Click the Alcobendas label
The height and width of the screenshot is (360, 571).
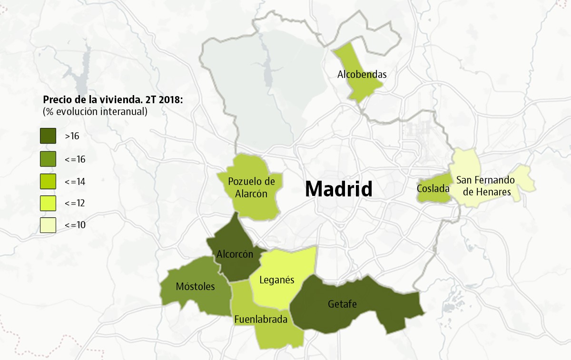[x=362, y=74]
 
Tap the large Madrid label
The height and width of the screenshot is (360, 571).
[x=338, y=189]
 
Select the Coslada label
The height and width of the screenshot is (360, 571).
[x=433, y=189]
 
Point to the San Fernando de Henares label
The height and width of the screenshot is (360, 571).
[x=485, y=186]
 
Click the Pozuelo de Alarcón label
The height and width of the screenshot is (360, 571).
[x=251, y=187]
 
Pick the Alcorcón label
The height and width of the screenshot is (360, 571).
[x=235, y=254]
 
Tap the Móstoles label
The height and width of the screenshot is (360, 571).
[x=195, y=286]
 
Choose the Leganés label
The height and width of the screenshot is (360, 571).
[x=277, y=280]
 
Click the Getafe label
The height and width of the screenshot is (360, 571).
[x=342, y=304]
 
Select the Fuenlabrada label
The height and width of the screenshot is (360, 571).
[x=261, y=320]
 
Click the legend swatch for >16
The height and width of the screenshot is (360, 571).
[x=48, y=136]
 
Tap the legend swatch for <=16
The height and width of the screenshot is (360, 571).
[x=48, y=159]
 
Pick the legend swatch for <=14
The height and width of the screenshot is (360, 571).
[x=48, y=181]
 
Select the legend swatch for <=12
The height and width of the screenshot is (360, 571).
[x=48, y=203]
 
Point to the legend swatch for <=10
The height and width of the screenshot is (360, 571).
[x=48, y=225]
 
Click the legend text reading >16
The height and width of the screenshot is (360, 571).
[x=72, y=136]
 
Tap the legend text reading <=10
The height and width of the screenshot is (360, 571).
[x=75, y=225]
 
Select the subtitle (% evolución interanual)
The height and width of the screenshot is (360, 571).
[x=95, y=112]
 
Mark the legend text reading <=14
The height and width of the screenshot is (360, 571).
[x=75, y=181]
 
